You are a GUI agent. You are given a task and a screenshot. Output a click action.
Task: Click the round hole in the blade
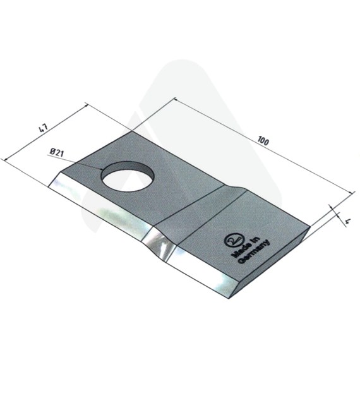pyautogui.click(x=128, y=177)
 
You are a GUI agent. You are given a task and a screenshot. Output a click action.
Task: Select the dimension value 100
pyautogui.click(x=263, y=141)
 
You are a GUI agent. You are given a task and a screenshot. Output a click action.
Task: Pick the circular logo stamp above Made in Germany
pyautogui.click(x=232, y=240)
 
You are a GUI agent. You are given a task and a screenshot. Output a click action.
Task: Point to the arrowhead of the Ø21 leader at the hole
pyautogui.click(x=102, y=169)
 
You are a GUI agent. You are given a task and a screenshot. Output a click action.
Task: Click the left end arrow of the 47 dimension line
pyautogui.click(x=4, y=159)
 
